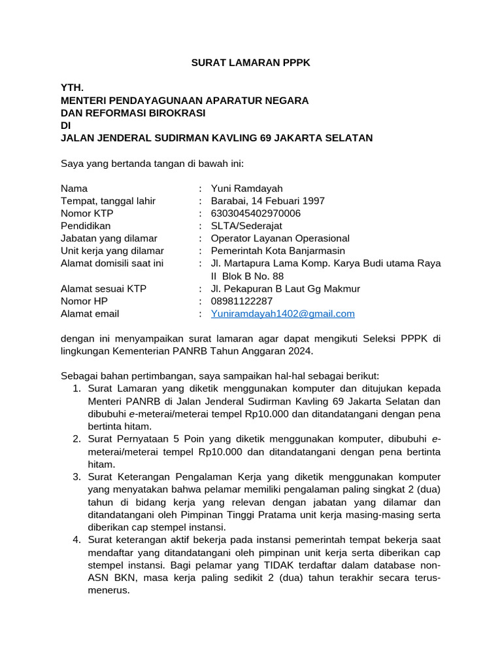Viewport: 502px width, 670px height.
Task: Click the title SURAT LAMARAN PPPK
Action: (x=251, y=63)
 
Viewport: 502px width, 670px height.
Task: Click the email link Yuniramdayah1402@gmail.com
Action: (x=282, y=313)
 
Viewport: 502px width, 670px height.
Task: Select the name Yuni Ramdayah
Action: (x=246, y=188)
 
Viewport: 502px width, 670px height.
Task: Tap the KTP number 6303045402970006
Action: (x=256, y=213)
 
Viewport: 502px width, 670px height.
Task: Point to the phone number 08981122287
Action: (x=242, y=301)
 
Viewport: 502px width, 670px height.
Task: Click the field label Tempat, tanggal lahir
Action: (x=108, y=201)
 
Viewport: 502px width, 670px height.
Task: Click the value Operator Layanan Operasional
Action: (x=280, y=238)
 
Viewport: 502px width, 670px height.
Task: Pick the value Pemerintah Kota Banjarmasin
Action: (x=277, y=251)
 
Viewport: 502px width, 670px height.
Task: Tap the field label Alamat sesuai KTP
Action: (x=103, y=289)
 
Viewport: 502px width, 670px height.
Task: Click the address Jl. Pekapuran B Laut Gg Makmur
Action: (x=285, y=289)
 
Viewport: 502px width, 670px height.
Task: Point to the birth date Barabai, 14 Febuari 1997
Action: (x=267, y=201)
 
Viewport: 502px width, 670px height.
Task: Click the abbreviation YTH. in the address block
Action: (x=72, y=88)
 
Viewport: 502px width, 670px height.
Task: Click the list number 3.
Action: (x=76, y=477)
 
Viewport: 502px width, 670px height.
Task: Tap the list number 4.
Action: (x=76, y=540)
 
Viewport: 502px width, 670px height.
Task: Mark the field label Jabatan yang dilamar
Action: (x=109, y=238)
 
